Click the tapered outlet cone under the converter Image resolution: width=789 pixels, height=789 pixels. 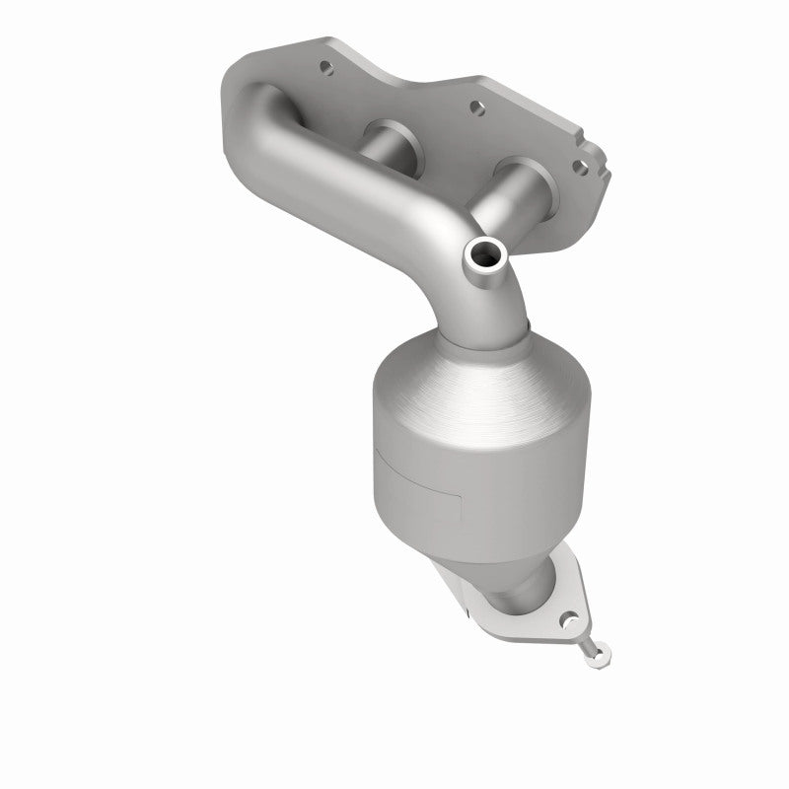(x=513, y=572)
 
